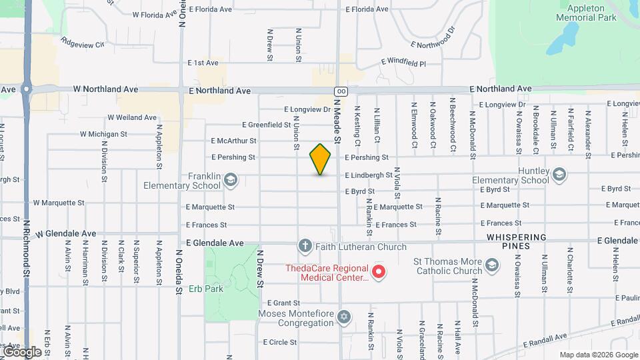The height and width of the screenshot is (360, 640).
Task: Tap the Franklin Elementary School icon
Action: pos(231,179)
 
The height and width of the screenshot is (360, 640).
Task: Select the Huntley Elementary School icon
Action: pos(559,174)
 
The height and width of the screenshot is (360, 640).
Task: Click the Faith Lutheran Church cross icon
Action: pos(305,247)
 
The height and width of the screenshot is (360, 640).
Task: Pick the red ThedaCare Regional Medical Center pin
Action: pos(379,272)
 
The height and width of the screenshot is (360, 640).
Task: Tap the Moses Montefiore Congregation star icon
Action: pos(344,317)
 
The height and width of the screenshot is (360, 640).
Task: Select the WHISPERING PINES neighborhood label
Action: pos(517,241)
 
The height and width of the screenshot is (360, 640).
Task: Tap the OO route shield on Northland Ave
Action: pos(341,91)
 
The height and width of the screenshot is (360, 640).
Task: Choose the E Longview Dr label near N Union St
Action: pos(307,109)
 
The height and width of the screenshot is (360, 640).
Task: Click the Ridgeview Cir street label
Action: pos(83,43)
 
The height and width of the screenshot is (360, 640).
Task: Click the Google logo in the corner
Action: pos(22,351)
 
